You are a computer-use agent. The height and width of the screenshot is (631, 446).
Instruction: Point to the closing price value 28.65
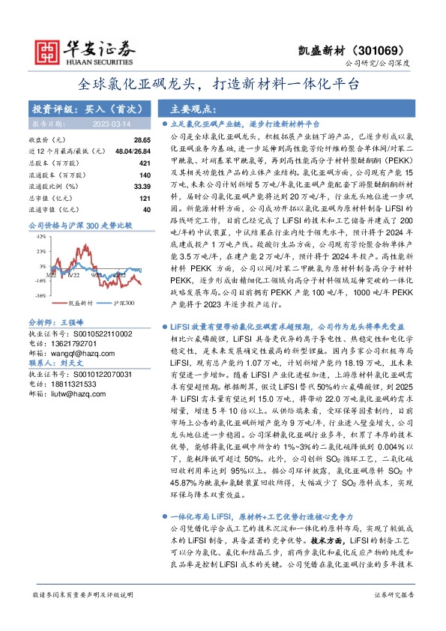coord(142,140)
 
